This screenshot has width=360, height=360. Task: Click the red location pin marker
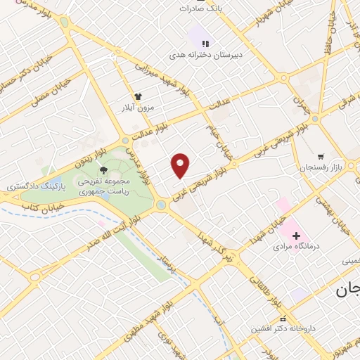(x=181, y=165)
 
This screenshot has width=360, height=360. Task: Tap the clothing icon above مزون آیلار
(x=139, y=97)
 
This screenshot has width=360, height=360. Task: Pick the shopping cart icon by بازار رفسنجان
(x=321, y=155)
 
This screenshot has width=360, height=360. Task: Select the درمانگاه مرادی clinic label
(x=297, y=247)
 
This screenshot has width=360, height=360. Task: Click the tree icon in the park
(x=104, y=169)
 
